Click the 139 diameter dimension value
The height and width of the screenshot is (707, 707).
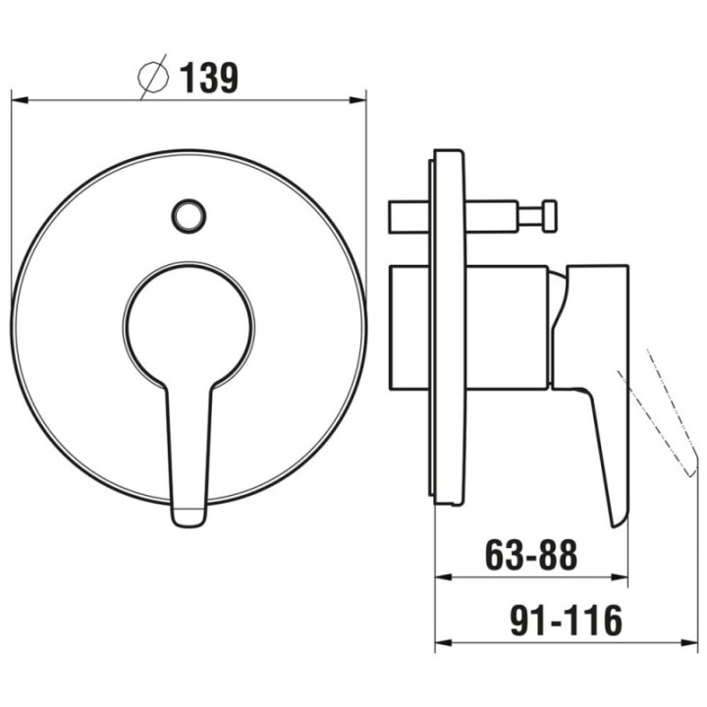click(x=209, y=78)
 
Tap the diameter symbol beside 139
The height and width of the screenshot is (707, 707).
click(x=153, y=78)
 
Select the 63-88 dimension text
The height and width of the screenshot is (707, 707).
click(x=531, y=555)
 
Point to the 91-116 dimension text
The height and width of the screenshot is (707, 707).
click(x=566, y=621)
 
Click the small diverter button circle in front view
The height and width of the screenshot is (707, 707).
click(x=189, y=216)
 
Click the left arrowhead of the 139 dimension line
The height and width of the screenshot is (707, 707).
click(x=20, y=100)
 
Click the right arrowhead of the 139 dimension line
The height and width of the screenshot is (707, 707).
click(x=357, y=100)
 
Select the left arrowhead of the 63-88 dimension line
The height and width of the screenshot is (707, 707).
click(x=443, y=576)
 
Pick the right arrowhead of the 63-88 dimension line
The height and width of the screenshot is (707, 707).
click(x=619, y=576)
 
